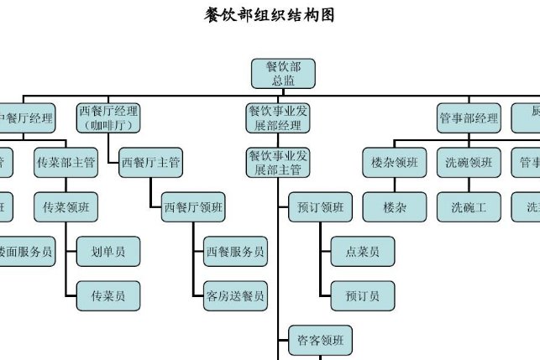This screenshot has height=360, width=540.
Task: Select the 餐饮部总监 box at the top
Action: (x=283, y=73)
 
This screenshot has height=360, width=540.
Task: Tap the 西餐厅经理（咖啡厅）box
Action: (x=108, y=118)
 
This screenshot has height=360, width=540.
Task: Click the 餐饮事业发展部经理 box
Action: (x=278, y=118)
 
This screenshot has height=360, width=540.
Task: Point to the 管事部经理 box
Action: (x=469, y=118)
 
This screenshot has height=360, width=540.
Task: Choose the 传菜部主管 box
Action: (x=66, y=163)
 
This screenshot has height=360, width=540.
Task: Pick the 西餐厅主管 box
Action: (x=151, y=163)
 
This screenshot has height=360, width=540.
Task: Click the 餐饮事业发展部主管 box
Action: (x=278, y=163)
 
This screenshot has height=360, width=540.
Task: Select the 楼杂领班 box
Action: (x=395, y=163)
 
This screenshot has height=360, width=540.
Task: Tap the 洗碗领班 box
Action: (x=469, y=163)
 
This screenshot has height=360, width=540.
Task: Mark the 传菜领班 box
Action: (x=66, y=206)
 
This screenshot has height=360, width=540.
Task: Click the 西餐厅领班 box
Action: (x=193, y=206)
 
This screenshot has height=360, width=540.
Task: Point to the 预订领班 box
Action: (x=320, y=206)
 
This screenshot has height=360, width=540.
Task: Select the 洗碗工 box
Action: (x=469, y=206)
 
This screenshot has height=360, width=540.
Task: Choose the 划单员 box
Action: (x=108, y=251)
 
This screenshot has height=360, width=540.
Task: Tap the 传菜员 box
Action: (x=108, y=295)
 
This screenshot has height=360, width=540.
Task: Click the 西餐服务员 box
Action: (x=236, y=251)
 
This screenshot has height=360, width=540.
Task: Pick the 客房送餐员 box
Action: (x=236, y=295)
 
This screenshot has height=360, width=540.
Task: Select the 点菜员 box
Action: (x=362, y=251)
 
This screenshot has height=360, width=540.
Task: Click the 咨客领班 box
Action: (x=320, y=340)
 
